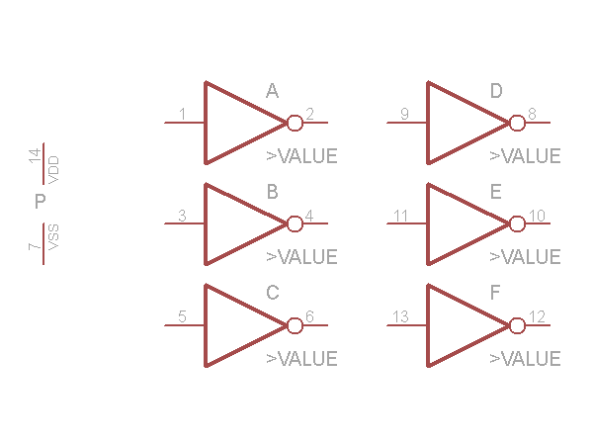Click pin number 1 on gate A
click(182, 115)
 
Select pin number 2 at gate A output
click(309, 115)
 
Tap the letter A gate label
click(272, 92)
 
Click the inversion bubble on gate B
click(295, 223)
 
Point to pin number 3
click(182, 216)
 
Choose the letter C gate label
click(273, 294)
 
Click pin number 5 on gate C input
click(182, 316)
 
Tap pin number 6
click(309, 316)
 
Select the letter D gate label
click(496, 92)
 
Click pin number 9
click(404, 115)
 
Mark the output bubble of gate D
click(517, 123)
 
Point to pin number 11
click(400, 216)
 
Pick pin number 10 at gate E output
click(537, 216)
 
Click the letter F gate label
click(495, 294)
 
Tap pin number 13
click(400, 316)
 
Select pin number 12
click(537, 316)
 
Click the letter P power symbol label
click(41, 203)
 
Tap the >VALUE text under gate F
click(525, 358)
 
